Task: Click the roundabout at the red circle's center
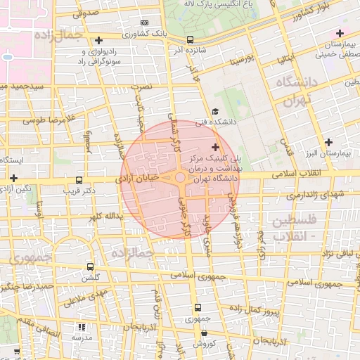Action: click(180, 179)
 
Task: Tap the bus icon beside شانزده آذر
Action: click(190, 40)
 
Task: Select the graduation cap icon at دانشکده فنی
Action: click(214, 111)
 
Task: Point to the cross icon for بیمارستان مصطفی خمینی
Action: click(340, 33)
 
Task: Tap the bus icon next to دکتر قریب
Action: click(78, 179)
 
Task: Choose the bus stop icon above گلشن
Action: click(90, 266)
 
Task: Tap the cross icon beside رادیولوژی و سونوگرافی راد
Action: click(98, 41)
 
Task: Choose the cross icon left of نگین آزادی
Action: click(13, 179)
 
